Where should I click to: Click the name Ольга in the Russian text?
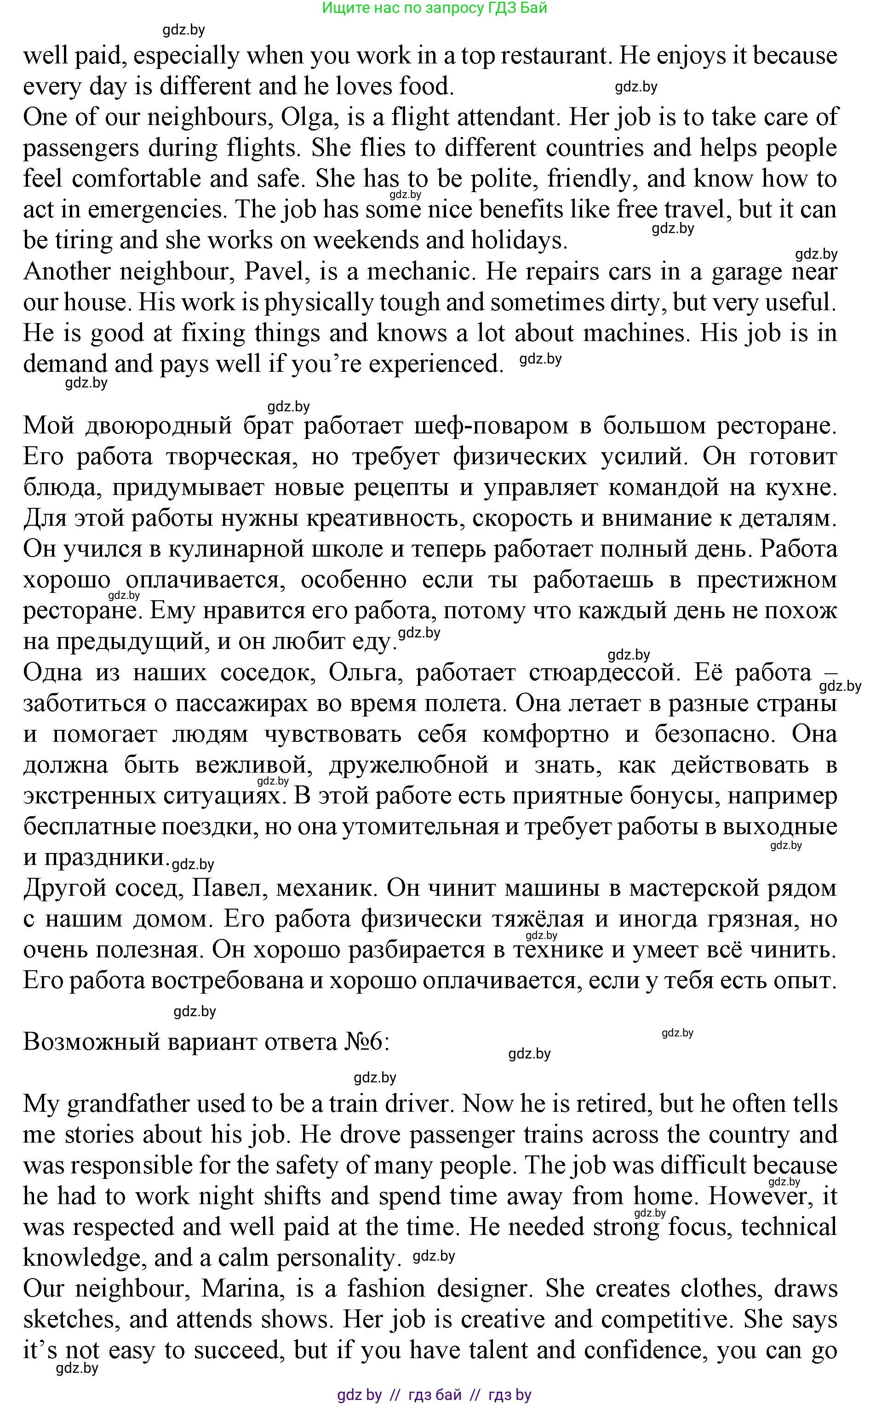[x=362, y=672]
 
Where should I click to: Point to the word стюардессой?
[x=605, y=672]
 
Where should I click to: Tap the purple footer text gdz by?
[x=359, y=1394]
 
